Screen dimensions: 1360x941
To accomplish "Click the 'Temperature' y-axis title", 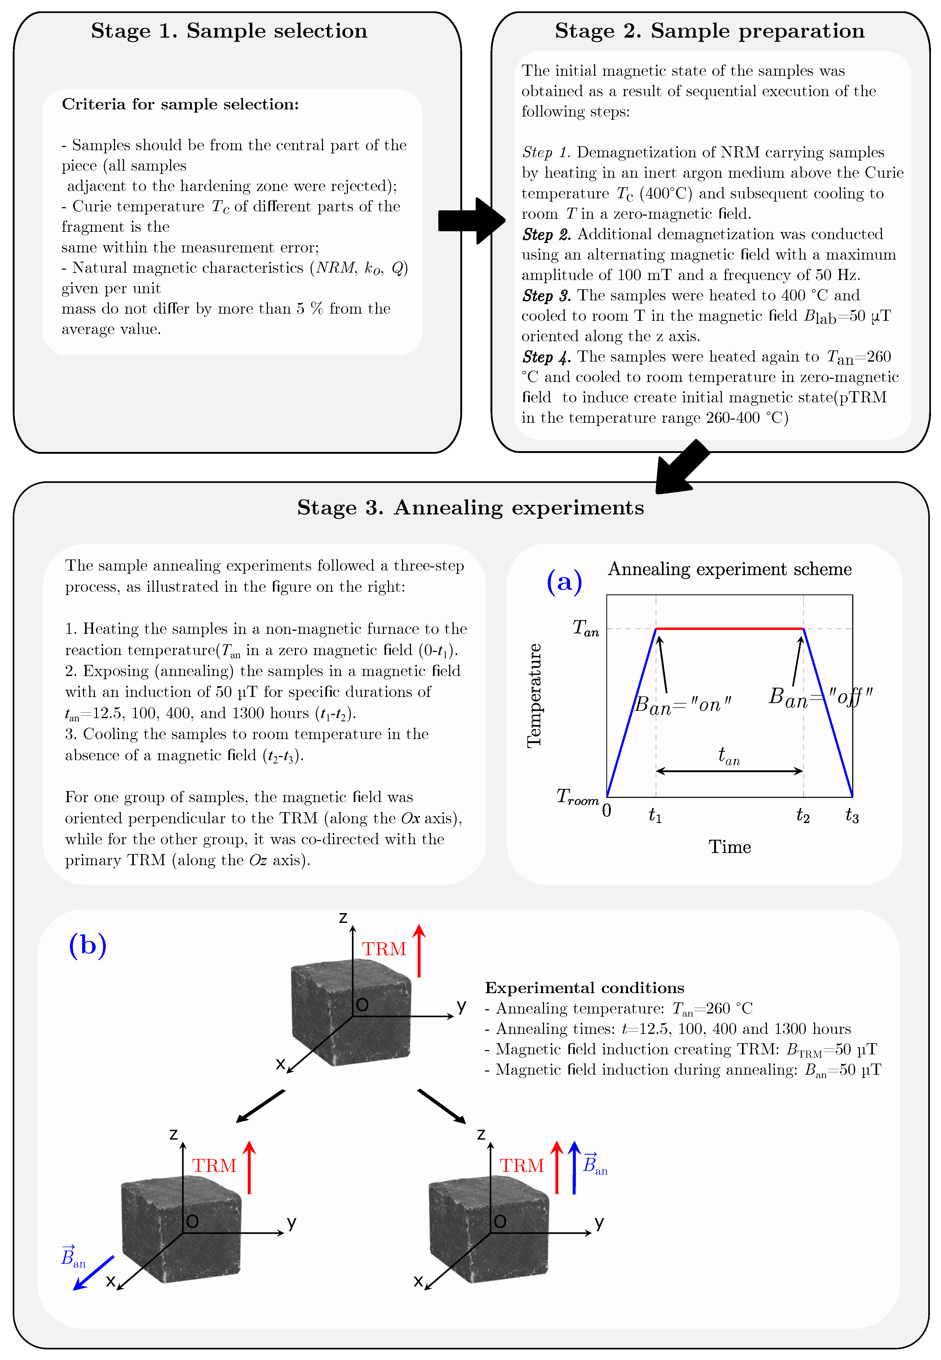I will (x=534, y=695).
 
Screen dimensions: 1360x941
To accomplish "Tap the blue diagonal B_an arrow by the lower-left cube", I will (x=93, y=1273).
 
